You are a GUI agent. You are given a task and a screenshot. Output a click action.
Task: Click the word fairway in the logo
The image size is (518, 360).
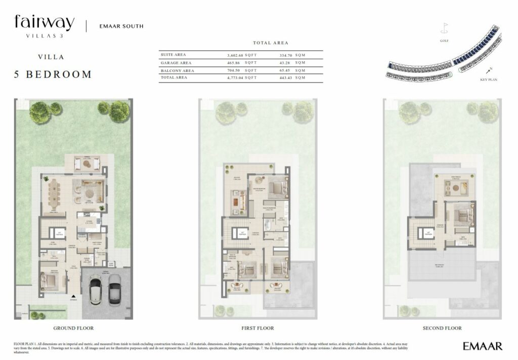45,22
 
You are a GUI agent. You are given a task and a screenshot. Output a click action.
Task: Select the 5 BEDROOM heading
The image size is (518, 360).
53,74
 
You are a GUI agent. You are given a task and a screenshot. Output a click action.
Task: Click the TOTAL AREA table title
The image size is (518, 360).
271,43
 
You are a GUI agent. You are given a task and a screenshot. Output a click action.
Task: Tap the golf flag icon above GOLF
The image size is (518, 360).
445,27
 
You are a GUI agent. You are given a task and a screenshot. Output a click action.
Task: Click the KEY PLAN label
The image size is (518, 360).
489,80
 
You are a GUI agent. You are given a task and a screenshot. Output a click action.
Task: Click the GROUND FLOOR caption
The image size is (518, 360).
73,328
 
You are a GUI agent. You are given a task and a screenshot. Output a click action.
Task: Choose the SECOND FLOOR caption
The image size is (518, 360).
443,328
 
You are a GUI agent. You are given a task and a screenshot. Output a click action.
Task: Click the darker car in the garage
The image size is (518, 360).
114,290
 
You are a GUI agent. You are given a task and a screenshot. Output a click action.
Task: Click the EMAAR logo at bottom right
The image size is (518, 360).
482,346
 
